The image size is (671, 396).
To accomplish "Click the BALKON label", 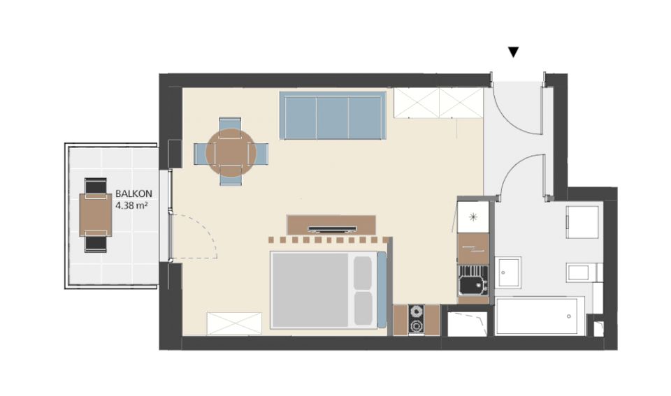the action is (134, 193).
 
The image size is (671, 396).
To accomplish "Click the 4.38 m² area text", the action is (132, 205).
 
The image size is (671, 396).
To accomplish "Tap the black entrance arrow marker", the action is (514, 52).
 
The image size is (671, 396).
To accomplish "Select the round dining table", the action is (231, 152).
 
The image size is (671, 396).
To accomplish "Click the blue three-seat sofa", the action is (333, 115).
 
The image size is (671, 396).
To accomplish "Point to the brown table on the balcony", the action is (96, 214).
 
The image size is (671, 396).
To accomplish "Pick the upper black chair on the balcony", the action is (96, 186).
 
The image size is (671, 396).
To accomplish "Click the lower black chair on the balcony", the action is (96, 243).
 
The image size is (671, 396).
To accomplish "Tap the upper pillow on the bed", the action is (363, 273).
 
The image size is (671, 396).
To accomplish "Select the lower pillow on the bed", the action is (363, 308).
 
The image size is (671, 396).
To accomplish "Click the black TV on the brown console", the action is (333, 228).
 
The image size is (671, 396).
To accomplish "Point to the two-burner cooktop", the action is (416, 319).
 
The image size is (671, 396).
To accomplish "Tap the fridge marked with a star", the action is (473, 217).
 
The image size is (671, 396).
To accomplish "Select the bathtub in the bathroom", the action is (540, 316).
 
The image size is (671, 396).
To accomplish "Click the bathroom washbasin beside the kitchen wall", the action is (508, 272).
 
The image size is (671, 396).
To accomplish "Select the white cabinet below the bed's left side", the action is (234, 323).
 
